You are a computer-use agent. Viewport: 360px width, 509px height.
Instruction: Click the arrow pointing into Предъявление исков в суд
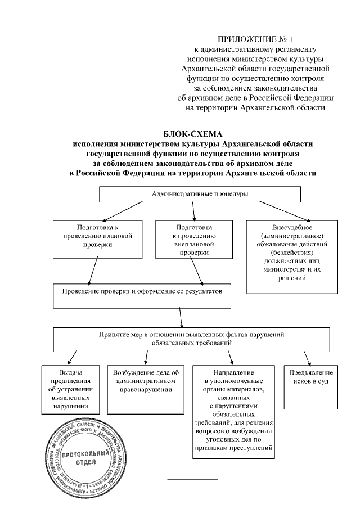(x=307, y=358)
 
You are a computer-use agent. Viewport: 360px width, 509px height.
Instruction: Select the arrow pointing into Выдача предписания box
(x=72, y=358)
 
